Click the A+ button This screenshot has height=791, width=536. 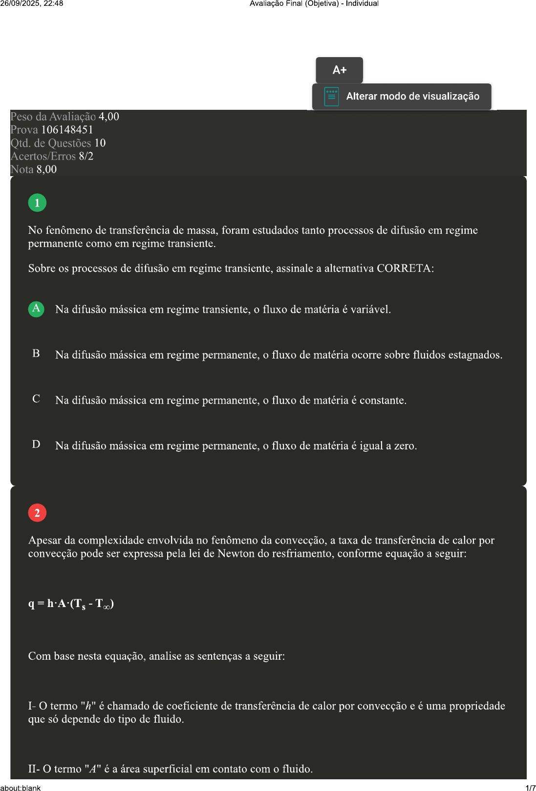pyautogui.click(x=339, y=70)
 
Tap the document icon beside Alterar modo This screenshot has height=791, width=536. pyautogui.click(x=331, y=97)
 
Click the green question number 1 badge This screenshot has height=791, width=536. pyautogui.click(x=37, y=203)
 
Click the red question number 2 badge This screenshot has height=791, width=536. pyautogui.click(x=37, y=513)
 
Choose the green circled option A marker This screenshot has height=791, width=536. pyautogui.click(x=36, y=309)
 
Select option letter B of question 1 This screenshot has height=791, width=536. pyautogui.click(x=36, y=354)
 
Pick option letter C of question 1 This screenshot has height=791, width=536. pyautogui.click(x=36, y=399)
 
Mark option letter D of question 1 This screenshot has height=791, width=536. pyautogui.click(x=36, y=445)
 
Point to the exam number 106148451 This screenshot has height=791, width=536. pyautogui.click(x=67, y=130)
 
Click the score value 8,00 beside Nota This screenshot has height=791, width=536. pyautogui.click(x=46, y=169)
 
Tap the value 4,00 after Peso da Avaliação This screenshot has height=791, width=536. pyautogui.click(x=109, y=117)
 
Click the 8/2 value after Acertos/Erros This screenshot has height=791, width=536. pyautogui.click(x=86, y=156)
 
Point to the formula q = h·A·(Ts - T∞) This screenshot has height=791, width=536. pyautogui.click(x=71, y=604)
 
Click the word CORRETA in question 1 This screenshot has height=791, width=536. pyautogui.click(x=405, y=268)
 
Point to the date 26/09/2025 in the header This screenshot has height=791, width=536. pyautogui.click(x=20, y=3)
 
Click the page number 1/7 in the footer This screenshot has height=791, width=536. pyautogui.click(x=530, y=788)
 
